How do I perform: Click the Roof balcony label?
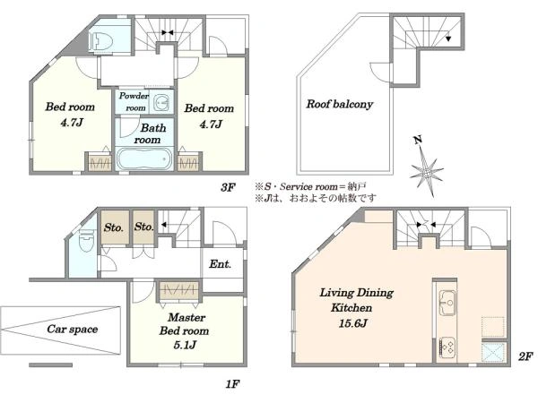pos(339,104)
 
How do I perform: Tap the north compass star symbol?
pos(426,169)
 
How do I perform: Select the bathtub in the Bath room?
pos(144,159)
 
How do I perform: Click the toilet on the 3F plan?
pos(100,41)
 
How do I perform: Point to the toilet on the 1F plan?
pos(85,240)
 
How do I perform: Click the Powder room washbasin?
pos(161,102)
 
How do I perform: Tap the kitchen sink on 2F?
pos(447,303)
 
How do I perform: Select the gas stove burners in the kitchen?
pos(447,347)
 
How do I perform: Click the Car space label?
pos(73,329)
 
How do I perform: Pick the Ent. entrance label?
pos(220,264)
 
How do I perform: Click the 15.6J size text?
pos(353,322)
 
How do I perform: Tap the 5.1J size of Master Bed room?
pos(185,345)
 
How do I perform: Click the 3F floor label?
pos(228,187)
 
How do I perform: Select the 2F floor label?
pos(525,356)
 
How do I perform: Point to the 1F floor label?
pos(232,384)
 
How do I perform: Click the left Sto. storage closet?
pos(115,227)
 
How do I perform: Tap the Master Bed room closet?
pos(179,290)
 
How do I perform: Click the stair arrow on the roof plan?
pos(448,39)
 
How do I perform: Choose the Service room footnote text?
pos(310,187)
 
